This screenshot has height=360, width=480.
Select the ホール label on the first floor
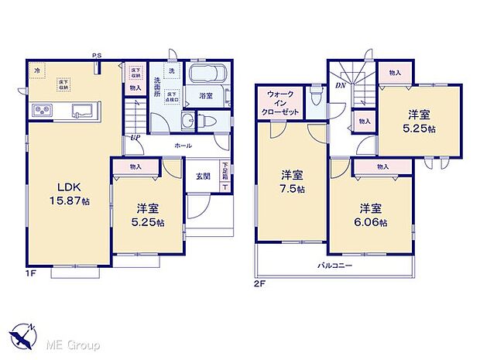click(x=183, y=145)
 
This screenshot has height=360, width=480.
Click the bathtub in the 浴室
click(x=206, y=79)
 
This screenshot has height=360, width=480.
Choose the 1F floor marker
click(x=30, y=273)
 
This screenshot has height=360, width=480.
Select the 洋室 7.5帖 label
click(x=291, y=182)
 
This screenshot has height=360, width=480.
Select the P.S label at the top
click(x=97, y=55)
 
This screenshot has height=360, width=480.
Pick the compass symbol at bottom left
click(x=25, y=334)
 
